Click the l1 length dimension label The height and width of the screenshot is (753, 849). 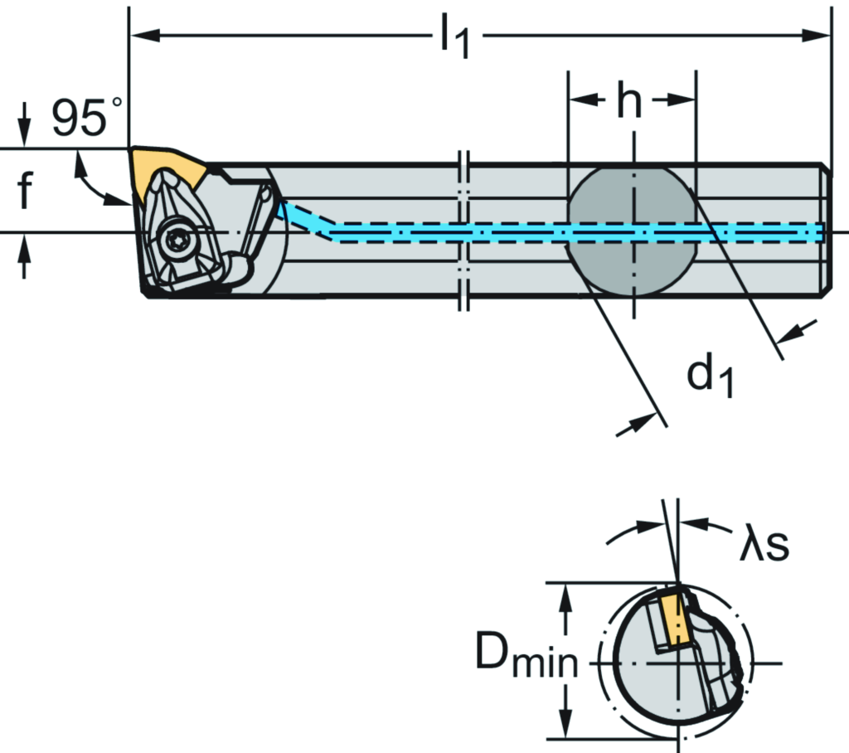(454, 39)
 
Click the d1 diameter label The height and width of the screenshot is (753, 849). (710, 377)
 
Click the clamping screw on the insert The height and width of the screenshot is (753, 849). (176, 240)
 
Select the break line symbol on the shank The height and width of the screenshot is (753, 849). (464, 231)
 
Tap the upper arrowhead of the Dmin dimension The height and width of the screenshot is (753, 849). (566, 594)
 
